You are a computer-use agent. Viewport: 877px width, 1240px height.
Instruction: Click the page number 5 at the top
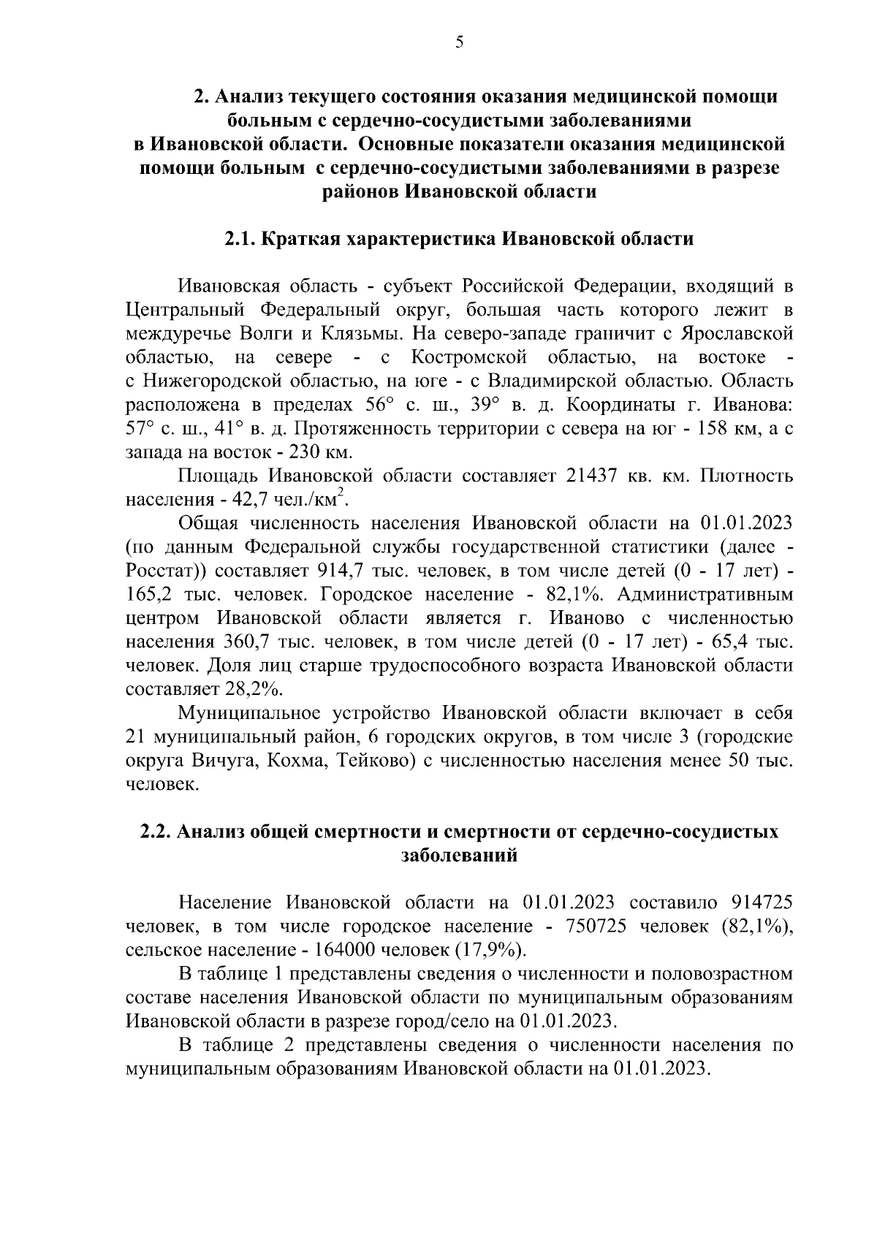coord(459,42)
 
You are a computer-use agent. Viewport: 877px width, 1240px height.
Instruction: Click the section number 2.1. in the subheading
coord(240,239)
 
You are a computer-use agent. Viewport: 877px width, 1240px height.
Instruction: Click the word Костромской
coord(468,357)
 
